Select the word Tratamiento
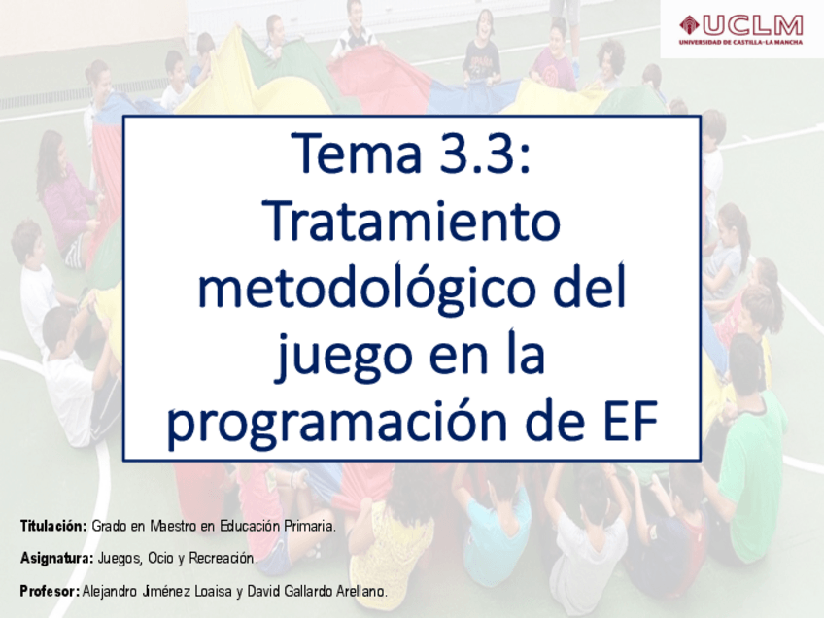point(411,221)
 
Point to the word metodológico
point(370,288)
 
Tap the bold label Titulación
point(53,526)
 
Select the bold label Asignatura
point(56,558)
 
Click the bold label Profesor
point(50,591)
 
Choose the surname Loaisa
point(213,591)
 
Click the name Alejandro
point(108,591)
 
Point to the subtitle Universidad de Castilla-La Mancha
point(741,42)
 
